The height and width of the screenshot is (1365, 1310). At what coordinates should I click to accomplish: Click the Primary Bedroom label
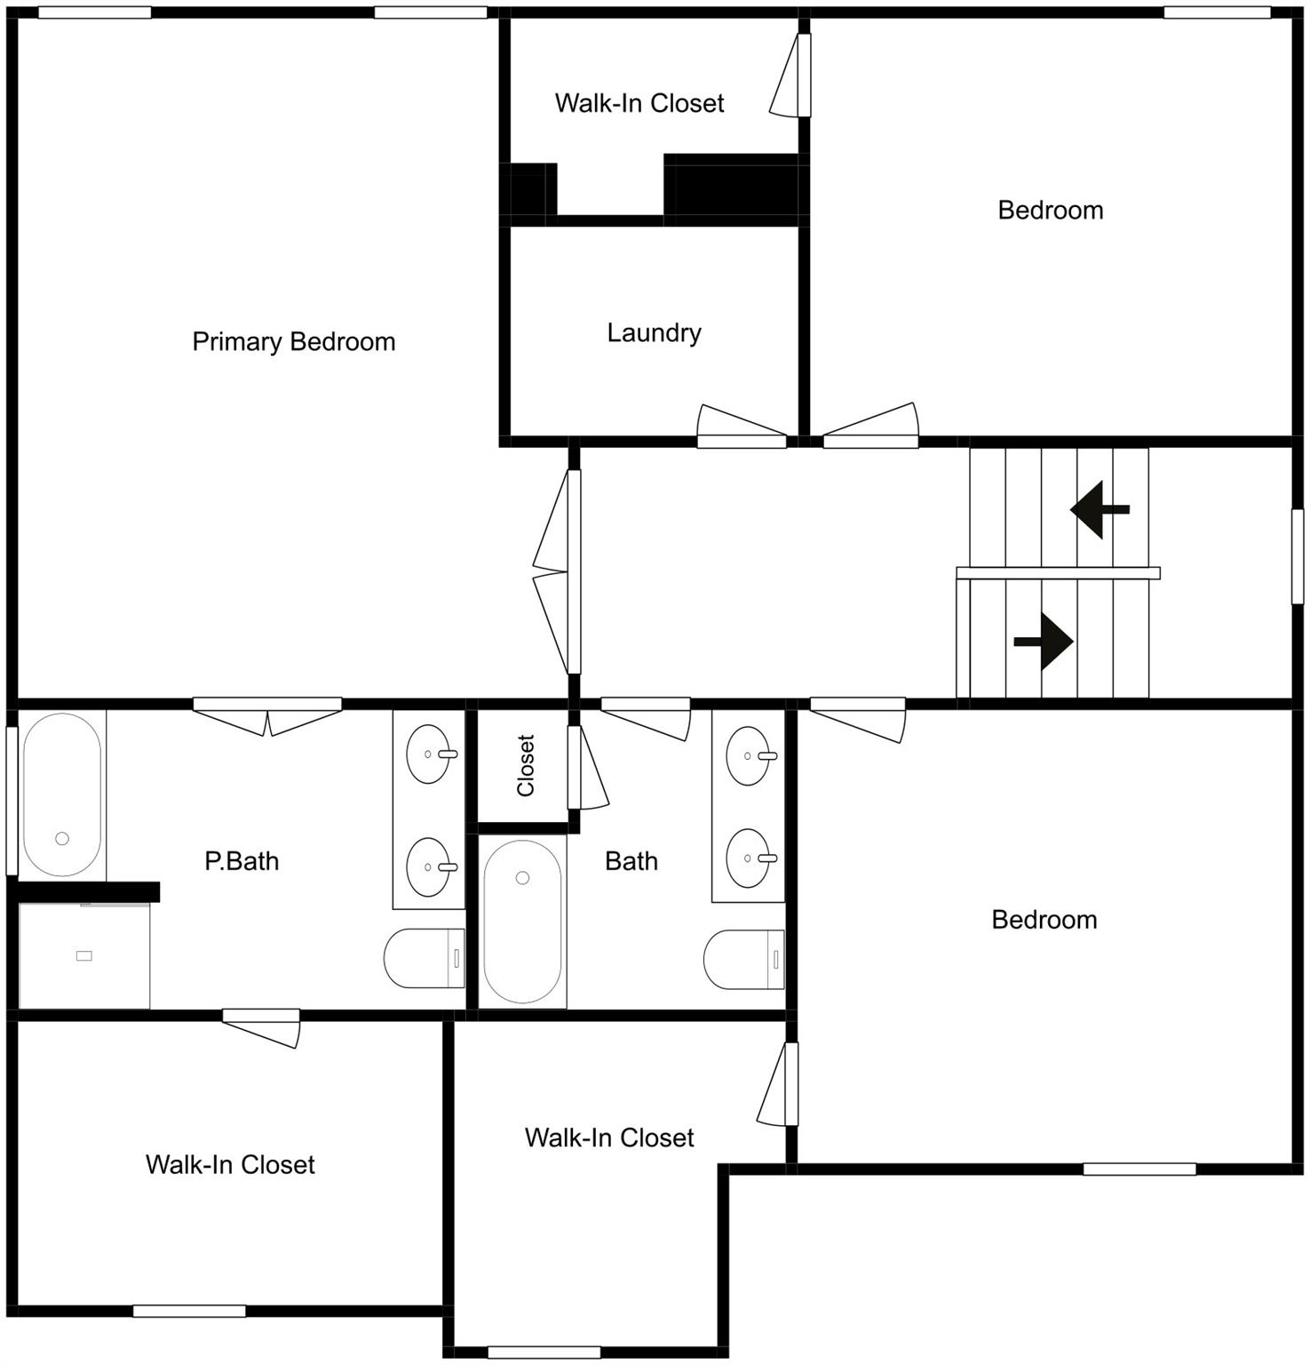293,342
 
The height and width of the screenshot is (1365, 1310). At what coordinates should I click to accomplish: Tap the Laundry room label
654,333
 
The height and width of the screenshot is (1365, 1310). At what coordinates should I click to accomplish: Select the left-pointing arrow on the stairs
1099,510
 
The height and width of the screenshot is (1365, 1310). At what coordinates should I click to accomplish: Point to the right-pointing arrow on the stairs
1044,641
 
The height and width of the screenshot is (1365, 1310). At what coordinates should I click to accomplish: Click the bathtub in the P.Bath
61,794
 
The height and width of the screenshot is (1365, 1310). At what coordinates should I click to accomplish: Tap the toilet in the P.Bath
425,959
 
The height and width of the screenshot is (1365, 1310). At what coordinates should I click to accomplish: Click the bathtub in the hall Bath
522,922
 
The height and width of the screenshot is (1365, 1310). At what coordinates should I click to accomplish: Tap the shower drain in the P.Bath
84,956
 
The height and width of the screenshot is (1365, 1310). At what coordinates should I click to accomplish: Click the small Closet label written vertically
526,765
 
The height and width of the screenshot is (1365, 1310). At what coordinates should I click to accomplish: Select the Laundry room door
742,427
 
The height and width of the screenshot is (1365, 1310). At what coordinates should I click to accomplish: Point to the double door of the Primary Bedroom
555,571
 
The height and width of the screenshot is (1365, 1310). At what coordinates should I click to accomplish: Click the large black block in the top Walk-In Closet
732,186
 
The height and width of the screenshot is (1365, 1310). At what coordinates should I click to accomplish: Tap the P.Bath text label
242,861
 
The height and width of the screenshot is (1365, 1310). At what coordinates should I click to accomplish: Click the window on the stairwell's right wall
1298,557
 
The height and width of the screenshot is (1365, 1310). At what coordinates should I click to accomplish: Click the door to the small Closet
586,768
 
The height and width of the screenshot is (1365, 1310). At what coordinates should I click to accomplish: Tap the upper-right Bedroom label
1050,211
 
